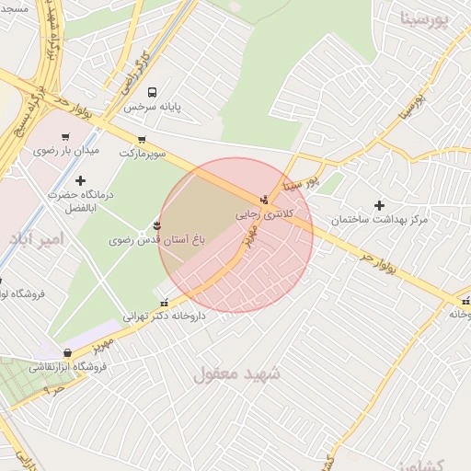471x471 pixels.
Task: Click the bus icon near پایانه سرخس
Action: (x=153, y=91)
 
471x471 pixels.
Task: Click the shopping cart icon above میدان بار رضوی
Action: (x=64, y=137)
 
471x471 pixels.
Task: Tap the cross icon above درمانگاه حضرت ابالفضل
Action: (x=80, y=180)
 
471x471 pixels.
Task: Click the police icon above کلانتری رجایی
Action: (x=265, y=199)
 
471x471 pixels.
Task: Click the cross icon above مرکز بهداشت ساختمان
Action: (x=379, y=205)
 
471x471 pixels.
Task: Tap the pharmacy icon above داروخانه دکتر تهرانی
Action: (x=165, y=302)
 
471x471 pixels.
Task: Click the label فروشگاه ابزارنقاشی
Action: (x=69, y=366)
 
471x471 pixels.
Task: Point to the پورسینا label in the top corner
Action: (x=424, y=19)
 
